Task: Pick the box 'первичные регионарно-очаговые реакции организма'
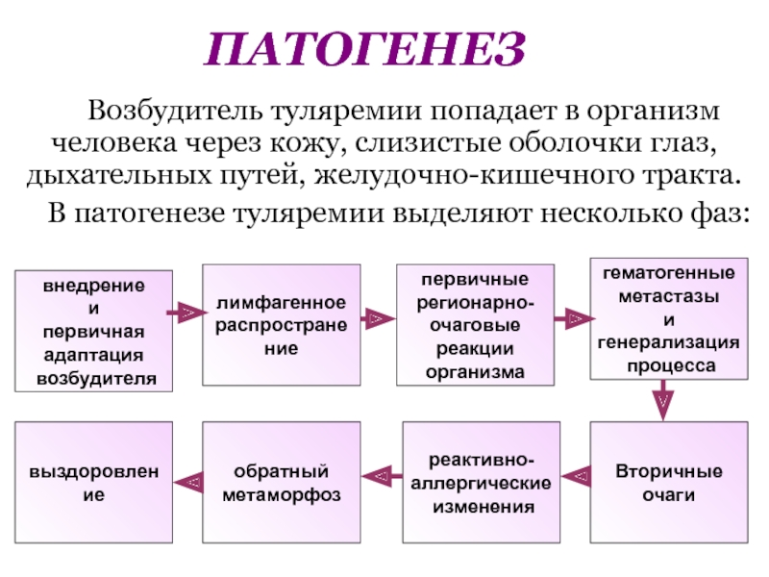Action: tap(477, 324)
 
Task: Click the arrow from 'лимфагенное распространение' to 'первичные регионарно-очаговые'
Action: tap(378, 315)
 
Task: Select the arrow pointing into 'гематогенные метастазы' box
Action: tap(573, 315)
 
